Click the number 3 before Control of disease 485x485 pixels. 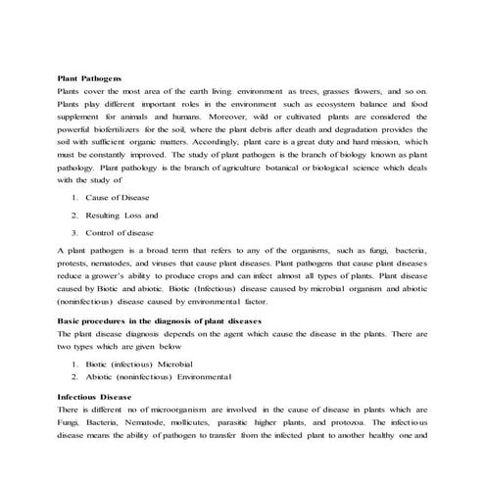[x=74, y=232]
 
